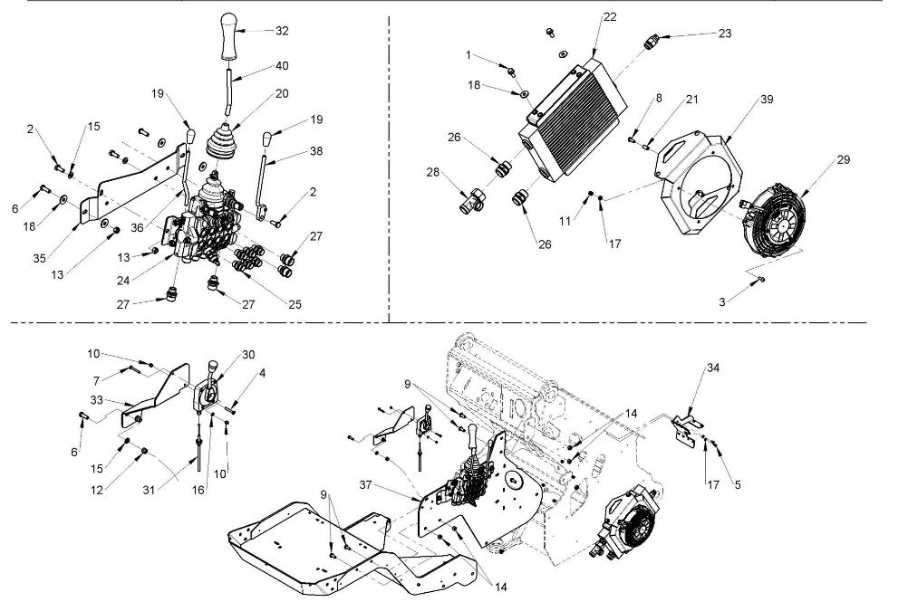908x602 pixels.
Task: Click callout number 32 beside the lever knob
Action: click(x=282, y=31)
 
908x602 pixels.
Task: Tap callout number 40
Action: click(x=282, y=66)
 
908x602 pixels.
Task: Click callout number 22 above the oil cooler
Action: click(x=610, y=17)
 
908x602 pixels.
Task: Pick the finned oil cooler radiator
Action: click(x=574, y=119)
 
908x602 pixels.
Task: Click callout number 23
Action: click(x=724, y=33)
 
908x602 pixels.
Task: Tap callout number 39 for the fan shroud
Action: click(x=766, y=100)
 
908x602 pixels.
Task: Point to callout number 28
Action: click(x=433, y=172)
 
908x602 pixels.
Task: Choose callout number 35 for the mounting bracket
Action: click(x=39, y=259)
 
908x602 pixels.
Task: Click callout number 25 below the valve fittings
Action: click(x=295, y=305)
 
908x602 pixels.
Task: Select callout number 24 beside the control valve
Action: click(x=122, y=281)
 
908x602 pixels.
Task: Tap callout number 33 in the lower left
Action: click(x=96, y=399)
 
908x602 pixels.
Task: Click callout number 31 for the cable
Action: click(x=149, y=491)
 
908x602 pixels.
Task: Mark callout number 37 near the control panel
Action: click(x=365, y=485)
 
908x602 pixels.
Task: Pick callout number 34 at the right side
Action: click(x=713, y=368)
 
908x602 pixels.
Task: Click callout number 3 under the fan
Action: click(x=722, y=302)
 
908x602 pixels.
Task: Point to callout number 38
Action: click(x=316, y=151)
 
